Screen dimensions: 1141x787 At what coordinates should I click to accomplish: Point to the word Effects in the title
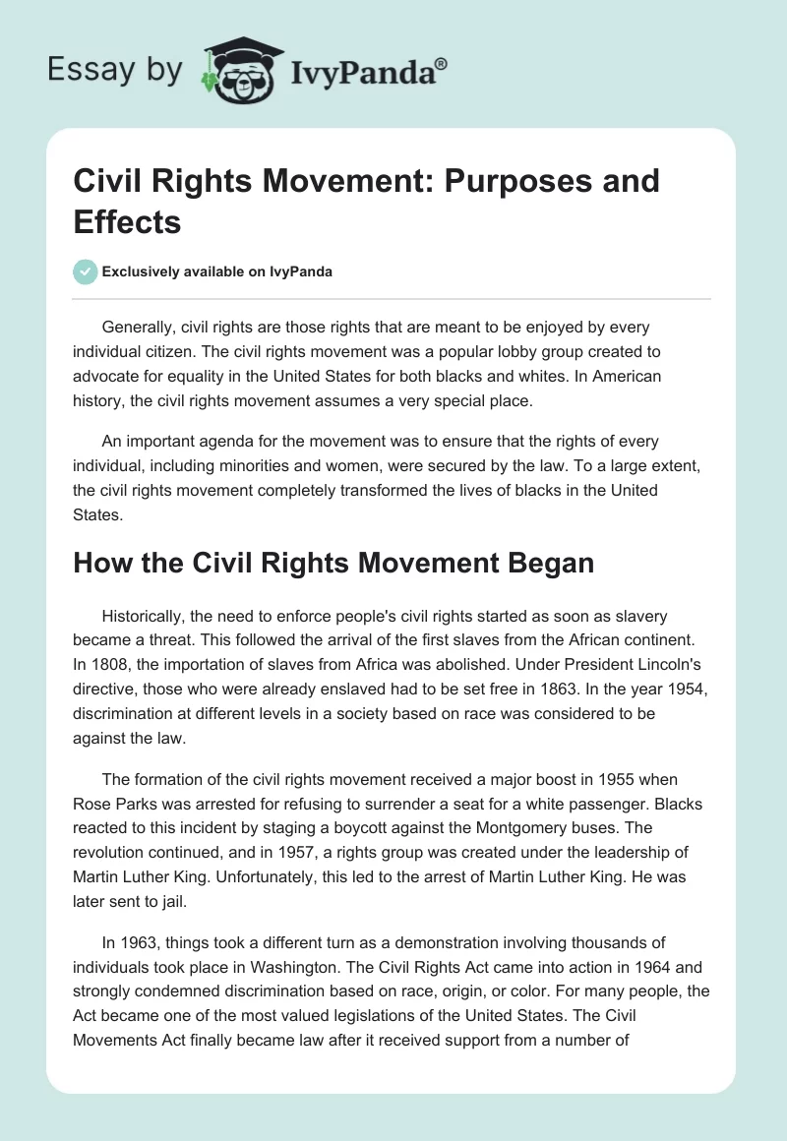pyautogui.click(x=128, y=221)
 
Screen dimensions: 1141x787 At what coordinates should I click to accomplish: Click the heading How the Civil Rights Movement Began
pyautogui.click(x=334, y=564)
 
